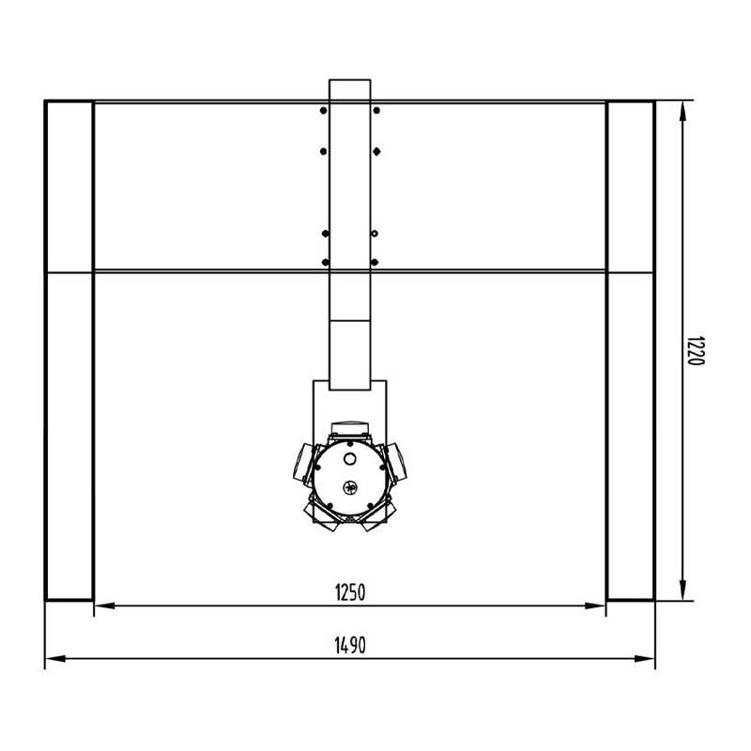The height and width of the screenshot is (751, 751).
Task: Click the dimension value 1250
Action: click(x=350, y=592)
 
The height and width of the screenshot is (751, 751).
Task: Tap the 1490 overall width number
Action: click(x=350, y=645)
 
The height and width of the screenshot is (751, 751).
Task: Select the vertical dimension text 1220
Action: click(x=696, y=350)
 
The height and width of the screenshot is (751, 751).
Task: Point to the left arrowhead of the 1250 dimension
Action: click(x=105, y=605)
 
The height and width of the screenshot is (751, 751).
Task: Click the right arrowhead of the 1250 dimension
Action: click(x=595, y=605)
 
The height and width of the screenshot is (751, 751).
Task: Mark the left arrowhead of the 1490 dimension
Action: click(x=55, y=659)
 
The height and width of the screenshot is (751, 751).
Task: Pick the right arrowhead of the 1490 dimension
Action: click(x=644, y=659)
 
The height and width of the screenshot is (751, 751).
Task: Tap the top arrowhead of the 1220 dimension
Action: click(x=682, y=111)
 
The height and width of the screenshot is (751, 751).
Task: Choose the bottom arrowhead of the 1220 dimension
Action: click(x=682, y=590)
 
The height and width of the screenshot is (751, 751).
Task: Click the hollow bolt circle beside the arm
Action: click(x=375, y=234)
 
